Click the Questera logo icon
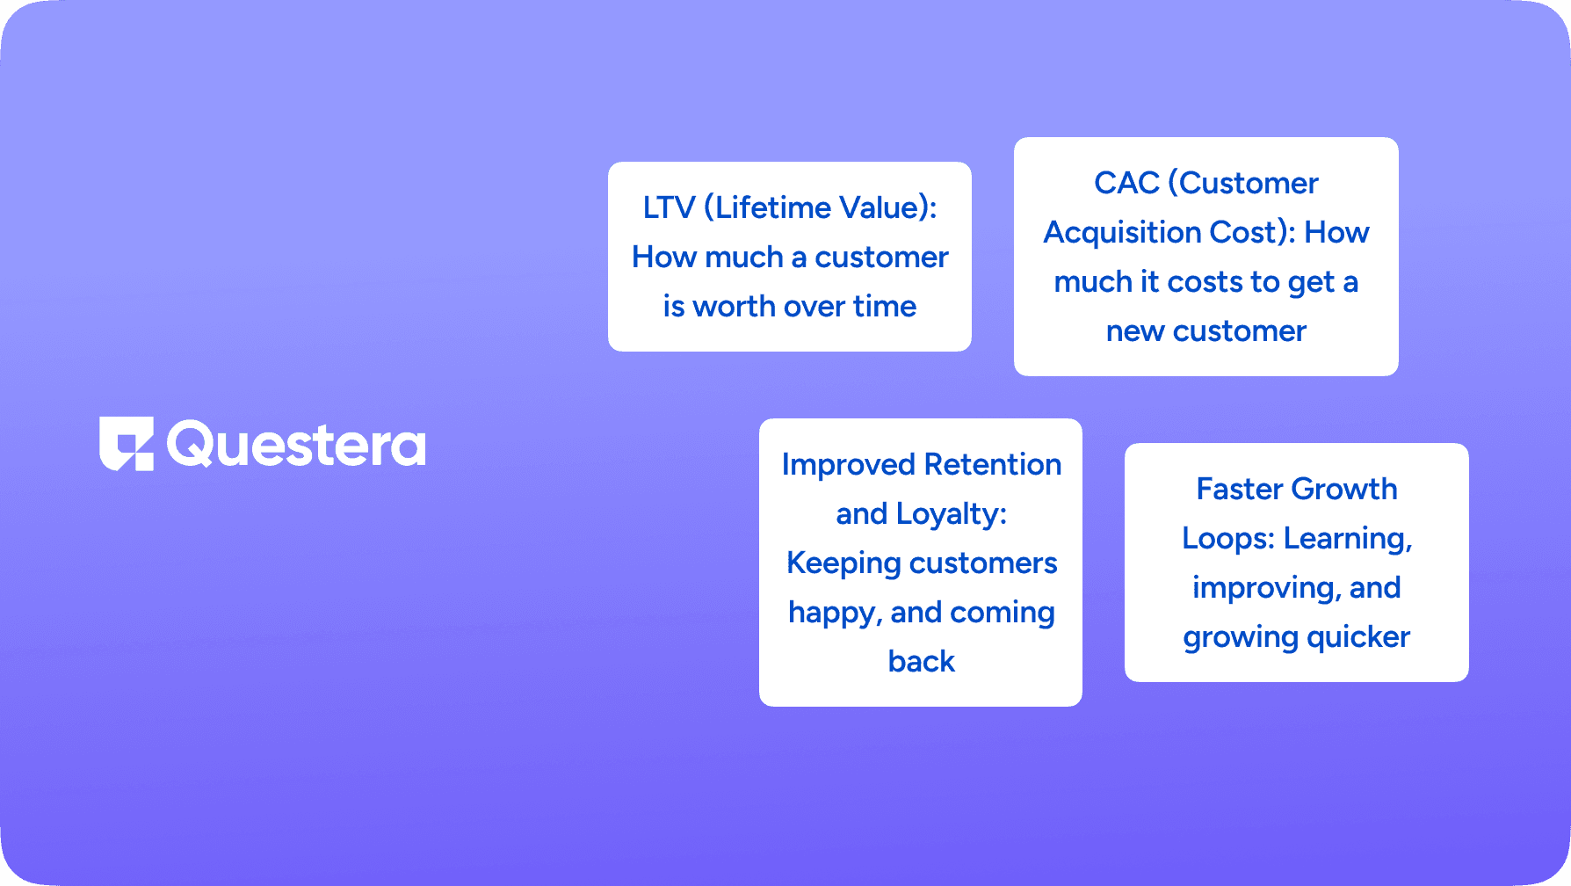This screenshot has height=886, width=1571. [127, 444]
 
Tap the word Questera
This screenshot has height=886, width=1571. [296, 445]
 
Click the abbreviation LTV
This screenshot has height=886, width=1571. [669, 207]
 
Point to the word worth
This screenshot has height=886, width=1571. [734, 306]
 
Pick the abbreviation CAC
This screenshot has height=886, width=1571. [1126, 183]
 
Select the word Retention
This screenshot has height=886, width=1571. [993, 464]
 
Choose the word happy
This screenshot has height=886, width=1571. [835, 613]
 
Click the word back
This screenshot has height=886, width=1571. [922, 661]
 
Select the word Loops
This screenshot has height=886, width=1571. [1227, 538]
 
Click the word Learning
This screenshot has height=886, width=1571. [1347, 539]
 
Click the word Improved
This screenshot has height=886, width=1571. [849, 465]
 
